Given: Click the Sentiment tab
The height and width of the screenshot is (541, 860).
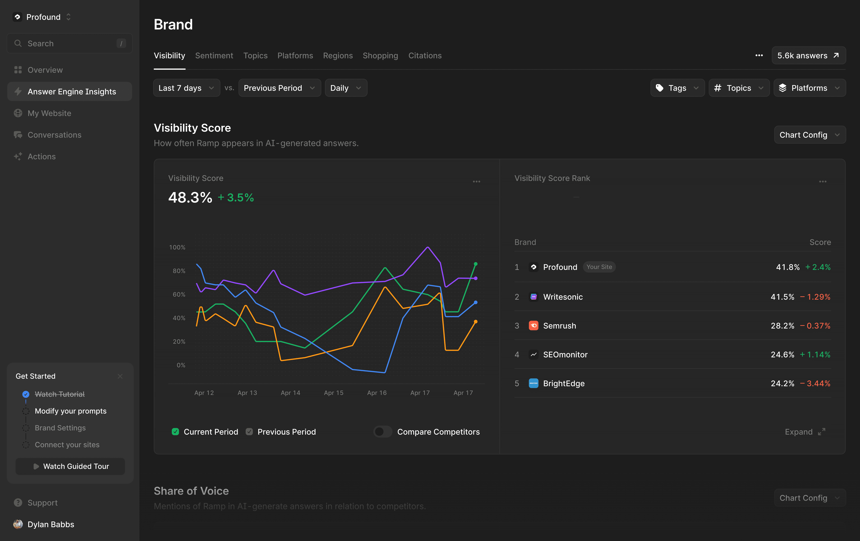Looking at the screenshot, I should [x=214, y=56].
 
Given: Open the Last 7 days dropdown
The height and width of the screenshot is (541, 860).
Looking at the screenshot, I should [x=186, y=88].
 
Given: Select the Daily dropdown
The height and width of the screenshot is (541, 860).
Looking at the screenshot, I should [x=345, y=88].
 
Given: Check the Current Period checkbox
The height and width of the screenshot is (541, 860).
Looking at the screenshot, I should [x=175, y=432].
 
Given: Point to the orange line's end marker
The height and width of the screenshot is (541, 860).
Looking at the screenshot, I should [x=475, y=322].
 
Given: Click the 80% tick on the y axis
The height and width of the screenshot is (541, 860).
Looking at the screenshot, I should [x=179, y=271].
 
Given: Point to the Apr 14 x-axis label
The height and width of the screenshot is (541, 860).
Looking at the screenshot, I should [x=290, y=393].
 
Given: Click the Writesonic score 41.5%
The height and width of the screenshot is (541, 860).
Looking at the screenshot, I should [x=782, y=297].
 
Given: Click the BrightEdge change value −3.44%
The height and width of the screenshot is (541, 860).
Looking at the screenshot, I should [x=815, y=383].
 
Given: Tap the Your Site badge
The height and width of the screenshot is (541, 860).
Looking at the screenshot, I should [x=599, y=267].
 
